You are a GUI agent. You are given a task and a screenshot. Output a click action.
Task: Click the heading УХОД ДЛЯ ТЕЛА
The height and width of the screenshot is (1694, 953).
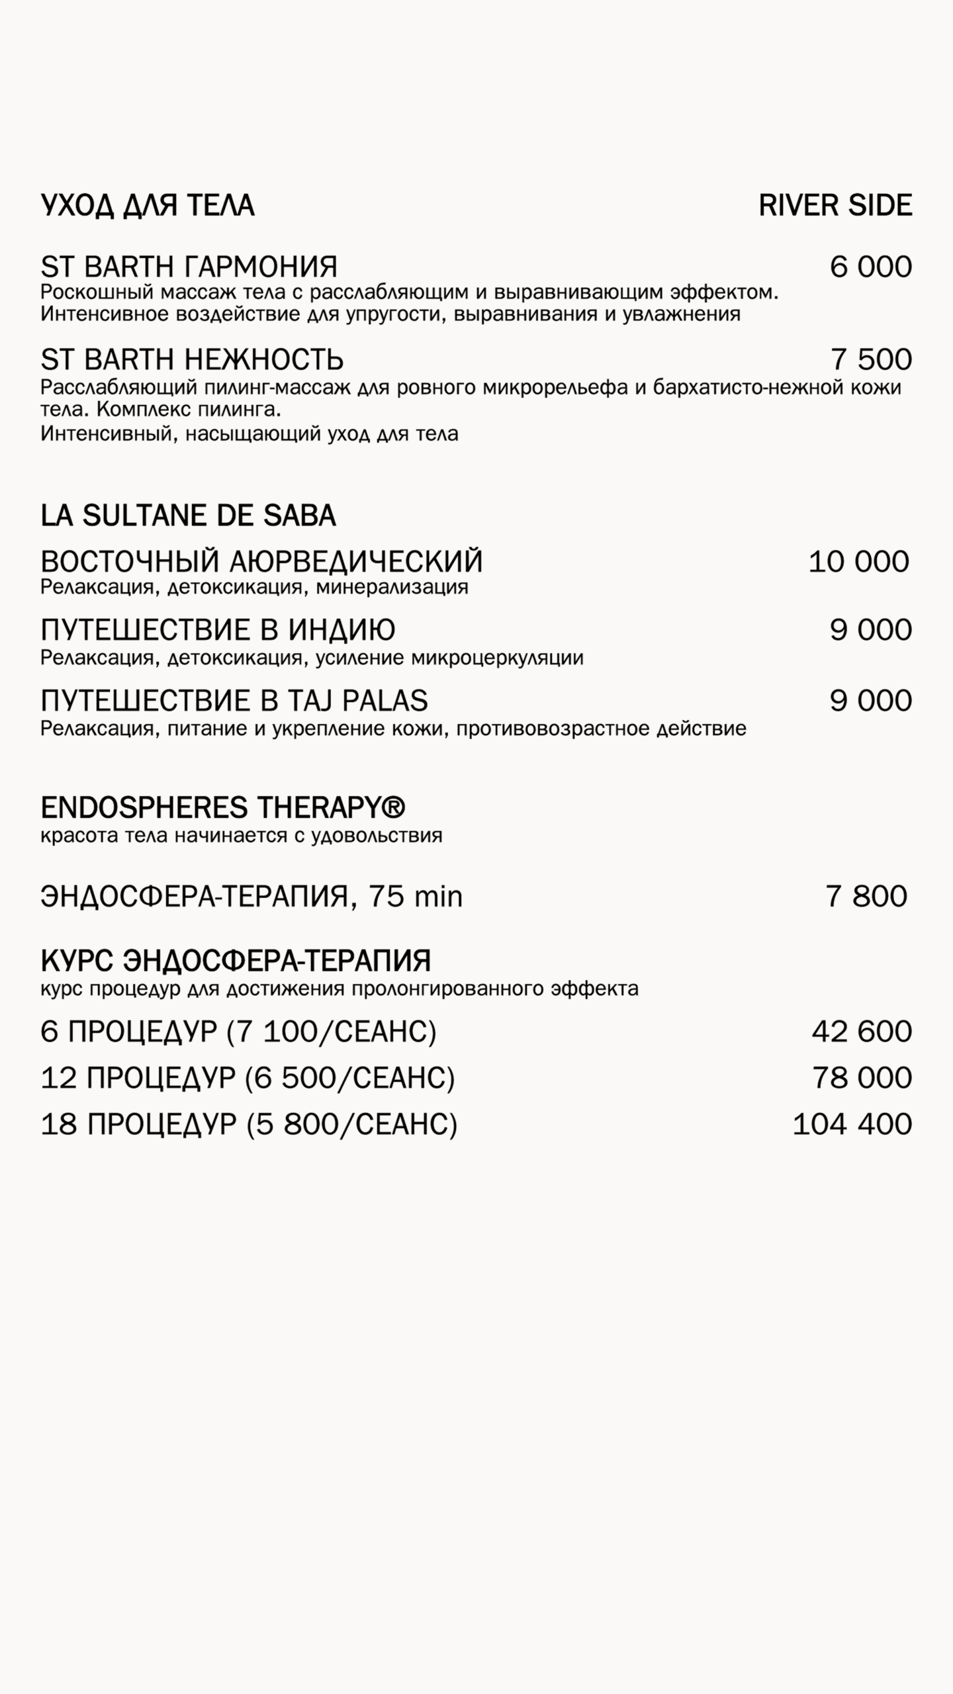[148, 206]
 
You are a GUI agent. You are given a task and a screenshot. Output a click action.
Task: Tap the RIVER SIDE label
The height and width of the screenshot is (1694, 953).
[835, 206]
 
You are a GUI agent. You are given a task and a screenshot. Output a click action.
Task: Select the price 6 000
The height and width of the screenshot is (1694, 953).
[870, 267]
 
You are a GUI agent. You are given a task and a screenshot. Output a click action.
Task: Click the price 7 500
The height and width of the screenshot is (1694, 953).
[871, 359]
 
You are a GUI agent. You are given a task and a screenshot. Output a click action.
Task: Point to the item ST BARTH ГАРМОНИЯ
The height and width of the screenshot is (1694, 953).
[189, 267]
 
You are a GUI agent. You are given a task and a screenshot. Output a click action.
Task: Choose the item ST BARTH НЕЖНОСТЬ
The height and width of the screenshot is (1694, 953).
[192, 359]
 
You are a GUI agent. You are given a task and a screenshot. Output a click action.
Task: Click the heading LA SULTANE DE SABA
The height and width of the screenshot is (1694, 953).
[189, 515]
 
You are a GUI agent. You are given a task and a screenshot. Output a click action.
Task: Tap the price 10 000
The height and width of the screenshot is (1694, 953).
[858, 562]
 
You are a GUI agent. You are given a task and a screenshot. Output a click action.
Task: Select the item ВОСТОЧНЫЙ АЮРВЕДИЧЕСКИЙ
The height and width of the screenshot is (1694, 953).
[261, 562]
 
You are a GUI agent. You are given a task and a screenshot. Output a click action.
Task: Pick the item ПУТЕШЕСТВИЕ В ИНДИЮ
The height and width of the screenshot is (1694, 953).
[218, 630]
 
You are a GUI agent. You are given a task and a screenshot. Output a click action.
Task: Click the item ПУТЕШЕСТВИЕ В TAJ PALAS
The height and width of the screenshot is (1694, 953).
[234, 700]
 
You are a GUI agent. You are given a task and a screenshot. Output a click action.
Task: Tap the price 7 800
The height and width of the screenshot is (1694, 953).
[866, 896]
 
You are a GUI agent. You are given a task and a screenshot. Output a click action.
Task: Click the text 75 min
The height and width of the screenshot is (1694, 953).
[416, 897]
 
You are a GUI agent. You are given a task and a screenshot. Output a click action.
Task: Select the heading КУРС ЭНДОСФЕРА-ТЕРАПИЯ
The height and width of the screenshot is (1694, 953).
[236, 960]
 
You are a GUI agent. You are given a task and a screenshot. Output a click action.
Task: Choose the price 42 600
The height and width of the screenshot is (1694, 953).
[862, 1032]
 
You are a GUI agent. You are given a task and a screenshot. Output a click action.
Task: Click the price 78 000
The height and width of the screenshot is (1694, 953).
[862, 1078]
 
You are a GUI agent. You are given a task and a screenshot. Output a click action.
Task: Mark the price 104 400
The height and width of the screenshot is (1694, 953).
[852, 1124]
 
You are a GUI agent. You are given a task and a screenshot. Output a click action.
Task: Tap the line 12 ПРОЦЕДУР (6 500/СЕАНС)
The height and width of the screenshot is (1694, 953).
[248, 1078]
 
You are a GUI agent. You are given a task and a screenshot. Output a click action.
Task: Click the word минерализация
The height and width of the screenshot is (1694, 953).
[392, 587]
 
